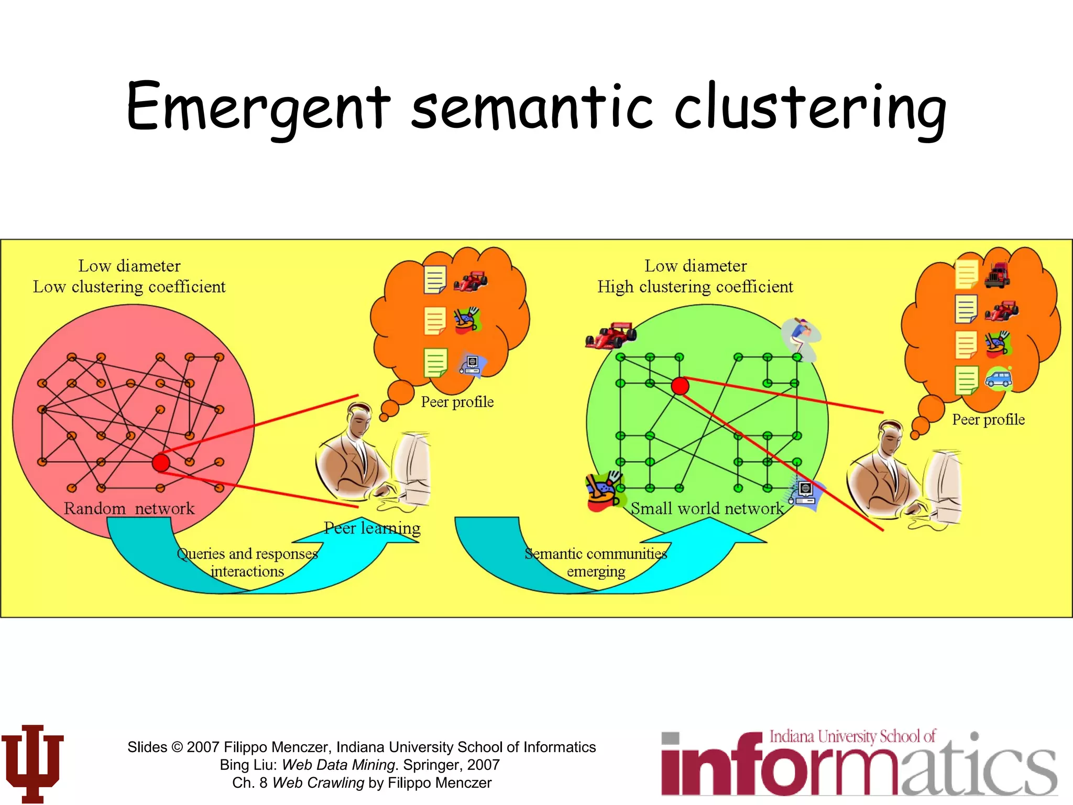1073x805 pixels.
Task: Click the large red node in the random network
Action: [161, 463]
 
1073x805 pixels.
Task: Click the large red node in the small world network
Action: [680, 386]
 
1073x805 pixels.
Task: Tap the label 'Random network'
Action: [129, 508]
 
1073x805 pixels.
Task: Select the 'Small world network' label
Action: [707, 508]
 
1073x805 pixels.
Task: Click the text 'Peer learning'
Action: [372, 528]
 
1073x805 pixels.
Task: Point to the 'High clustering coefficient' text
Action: [695, 287]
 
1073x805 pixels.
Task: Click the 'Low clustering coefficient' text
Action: [129, 287]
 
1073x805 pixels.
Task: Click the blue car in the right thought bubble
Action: [999, 378]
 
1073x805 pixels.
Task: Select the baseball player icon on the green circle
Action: [800, 338]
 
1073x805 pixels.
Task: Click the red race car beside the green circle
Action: [611, 335]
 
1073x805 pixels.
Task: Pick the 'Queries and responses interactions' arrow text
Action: [247, 562]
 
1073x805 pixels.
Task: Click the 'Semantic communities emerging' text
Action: [596, 562]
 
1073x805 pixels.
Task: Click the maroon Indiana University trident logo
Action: [32, 763]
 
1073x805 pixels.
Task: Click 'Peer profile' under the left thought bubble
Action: [457, 402]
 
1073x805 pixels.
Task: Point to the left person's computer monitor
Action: [412, 466]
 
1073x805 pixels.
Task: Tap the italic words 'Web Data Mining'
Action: [338, 765]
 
